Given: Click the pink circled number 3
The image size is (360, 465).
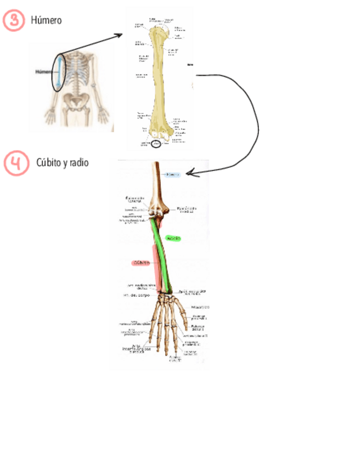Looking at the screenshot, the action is pyautogui.click(x=14, y=20).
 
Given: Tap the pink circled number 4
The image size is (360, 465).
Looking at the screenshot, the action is pyautogui.click(x=16, y=163).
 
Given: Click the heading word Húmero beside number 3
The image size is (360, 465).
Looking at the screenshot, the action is pyautogui.click(x=46, y=20).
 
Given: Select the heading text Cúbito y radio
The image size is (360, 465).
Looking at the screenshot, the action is pyautogui.click(x=63, y=163).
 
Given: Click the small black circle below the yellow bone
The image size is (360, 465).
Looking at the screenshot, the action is pyautogui.click(x=156, y=144).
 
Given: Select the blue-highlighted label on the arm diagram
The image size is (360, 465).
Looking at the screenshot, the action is pyautogui.click(x=173, y=174).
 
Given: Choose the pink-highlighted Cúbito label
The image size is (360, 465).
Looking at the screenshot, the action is pyautogui.click(x=140, y=263).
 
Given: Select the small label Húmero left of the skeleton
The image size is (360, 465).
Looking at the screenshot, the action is pyautogui.click(x=43, y=71).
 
